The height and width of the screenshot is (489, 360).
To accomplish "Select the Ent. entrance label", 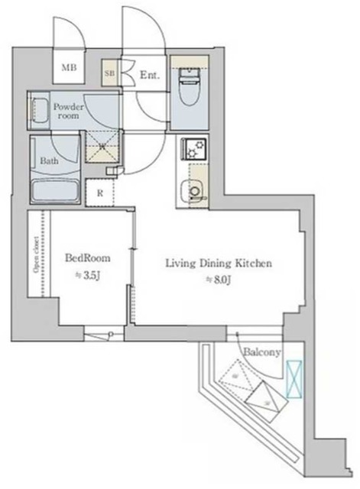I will tap(148, 75).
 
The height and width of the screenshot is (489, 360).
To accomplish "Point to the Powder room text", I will tap(67, 112).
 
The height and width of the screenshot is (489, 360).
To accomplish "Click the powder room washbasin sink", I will tap(38, 112).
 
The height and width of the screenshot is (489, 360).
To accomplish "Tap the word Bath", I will tap(47, 161).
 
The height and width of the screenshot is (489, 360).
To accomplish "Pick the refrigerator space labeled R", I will tap(100, 193).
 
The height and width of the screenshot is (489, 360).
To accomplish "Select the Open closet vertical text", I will tap(37, 257).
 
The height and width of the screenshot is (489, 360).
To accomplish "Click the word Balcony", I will tap(262, 351).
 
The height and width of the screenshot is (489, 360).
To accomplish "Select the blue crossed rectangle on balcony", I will tap(294, 379).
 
